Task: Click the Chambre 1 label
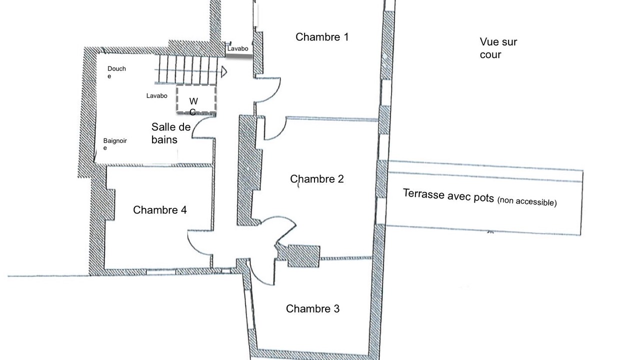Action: (322, 37)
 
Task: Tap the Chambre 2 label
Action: (317, 179)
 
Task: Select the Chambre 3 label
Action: (312, 309)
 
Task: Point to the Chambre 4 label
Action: (159, 210)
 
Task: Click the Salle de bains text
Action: (171, 133)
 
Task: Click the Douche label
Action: (116, 72)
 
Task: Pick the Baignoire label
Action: (115, 144)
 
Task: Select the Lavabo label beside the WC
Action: (156, 96)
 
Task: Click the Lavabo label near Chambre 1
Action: (237, 49)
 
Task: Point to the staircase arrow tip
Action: (226, 71)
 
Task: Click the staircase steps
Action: (186, 69)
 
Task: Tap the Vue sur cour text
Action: (498, 48)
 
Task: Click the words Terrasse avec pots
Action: (448, 195)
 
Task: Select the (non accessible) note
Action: (527, 201)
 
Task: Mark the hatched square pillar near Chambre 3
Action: (303, 256)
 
